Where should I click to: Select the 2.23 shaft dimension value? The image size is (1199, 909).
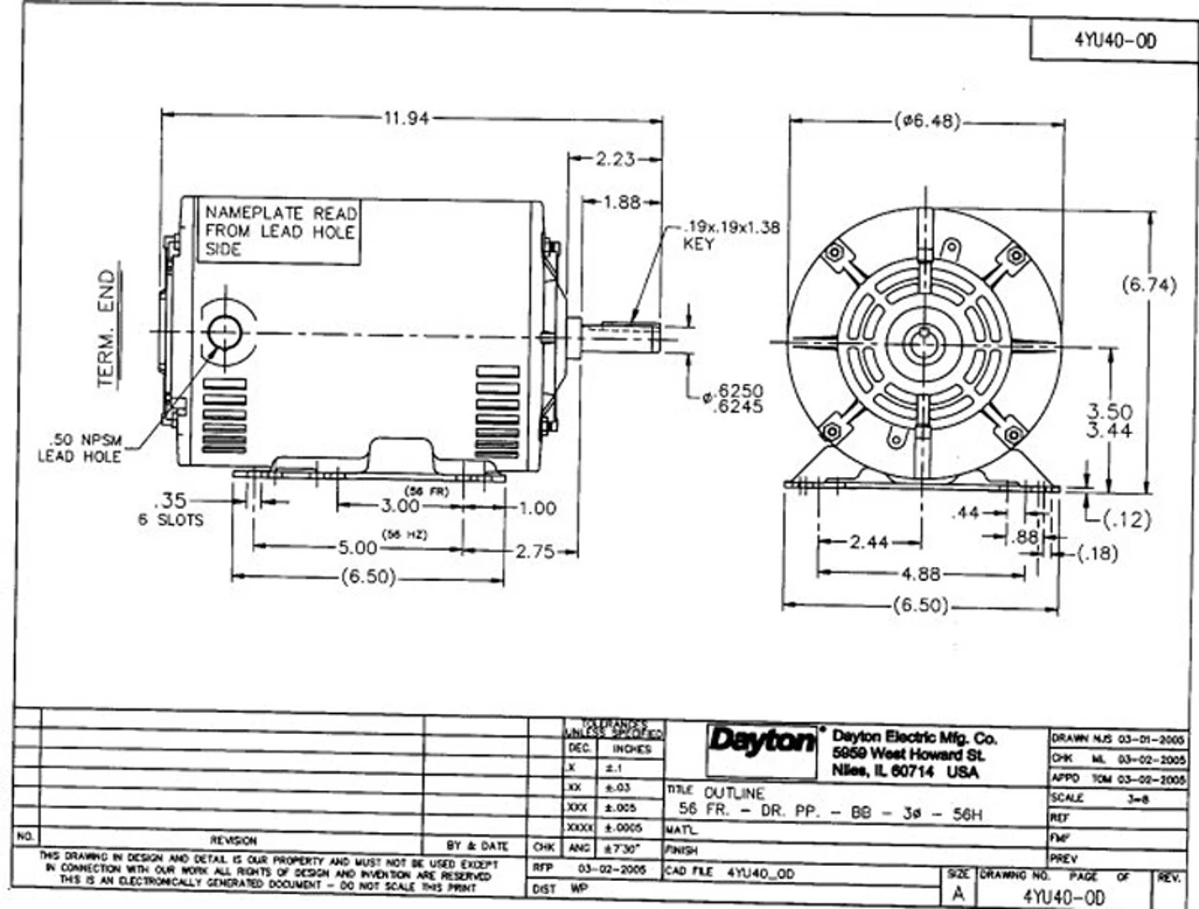[x=615, y=159]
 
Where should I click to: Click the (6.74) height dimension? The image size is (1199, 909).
[x=1148, y=287]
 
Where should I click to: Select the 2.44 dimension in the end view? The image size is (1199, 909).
[x=870, y=542]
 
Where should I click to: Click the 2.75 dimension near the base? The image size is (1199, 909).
[x=535, y=551]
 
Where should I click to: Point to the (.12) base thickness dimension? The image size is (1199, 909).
[x=1121, y=518]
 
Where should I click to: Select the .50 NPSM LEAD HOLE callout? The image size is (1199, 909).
[x=80, y=448]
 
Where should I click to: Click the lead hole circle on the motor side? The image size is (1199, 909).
[x=225, y=332]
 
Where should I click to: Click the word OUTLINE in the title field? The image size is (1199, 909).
[x=733, y=793]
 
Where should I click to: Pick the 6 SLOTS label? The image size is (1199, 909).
[x=170, y=519]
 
